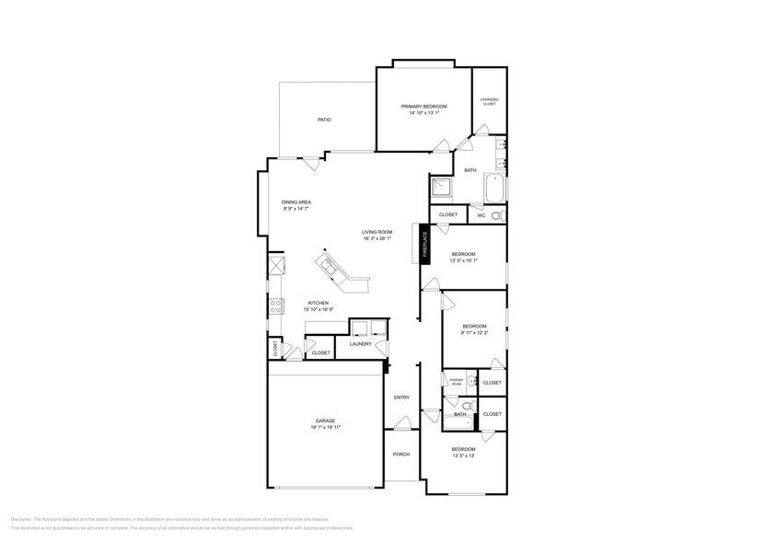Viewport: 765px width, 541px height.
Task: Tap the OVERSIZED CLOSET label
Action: (489, 101)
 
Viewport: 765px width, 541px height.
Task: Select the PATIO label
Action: (324, 120)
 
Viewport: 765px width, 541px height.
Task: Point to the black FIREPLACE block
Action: (425, 244)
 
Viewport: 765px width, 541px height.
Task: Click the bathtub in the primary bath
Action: (494, 190)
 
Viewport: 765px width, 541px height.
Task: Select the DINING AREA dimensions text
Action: (296, 209)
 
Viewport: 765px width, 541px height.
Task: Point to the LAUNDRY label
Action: (360, 344)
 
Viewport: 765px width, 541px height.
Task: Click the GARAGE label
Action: (326, 421)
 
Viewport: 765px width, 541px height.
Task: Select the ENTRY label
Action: (401, 397)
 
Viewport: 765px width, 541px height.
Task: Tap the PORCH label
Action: (401, 455)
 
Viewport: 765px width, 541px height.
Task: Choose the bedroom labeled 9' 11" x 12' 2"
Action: (474, 329)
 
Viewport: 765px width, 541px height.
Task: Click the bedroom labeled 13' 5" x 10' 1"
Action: (463, 257)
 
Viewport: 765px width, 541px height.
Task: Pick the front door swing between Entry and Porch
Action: (400, 423)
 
